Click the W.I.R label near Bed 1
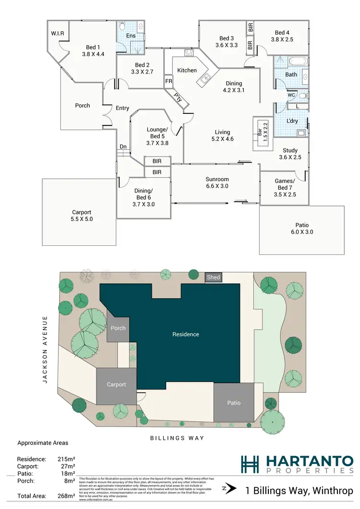[x=58, y=33]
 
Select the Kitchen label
[x=187, y=71]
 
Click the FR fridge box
[x=169, y=82]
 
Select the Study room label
[x=290, y=150]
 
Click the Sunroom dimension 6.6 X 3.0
[x=217, y=186]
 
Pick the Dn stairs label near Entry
[x=123, y=147]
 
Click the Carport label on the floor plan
[x=82, y=212]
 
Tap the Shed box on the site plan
[x=213, y=278]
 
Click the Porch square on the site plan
[x=118, y=328]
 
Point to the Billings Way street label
[x=178, y=438]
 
